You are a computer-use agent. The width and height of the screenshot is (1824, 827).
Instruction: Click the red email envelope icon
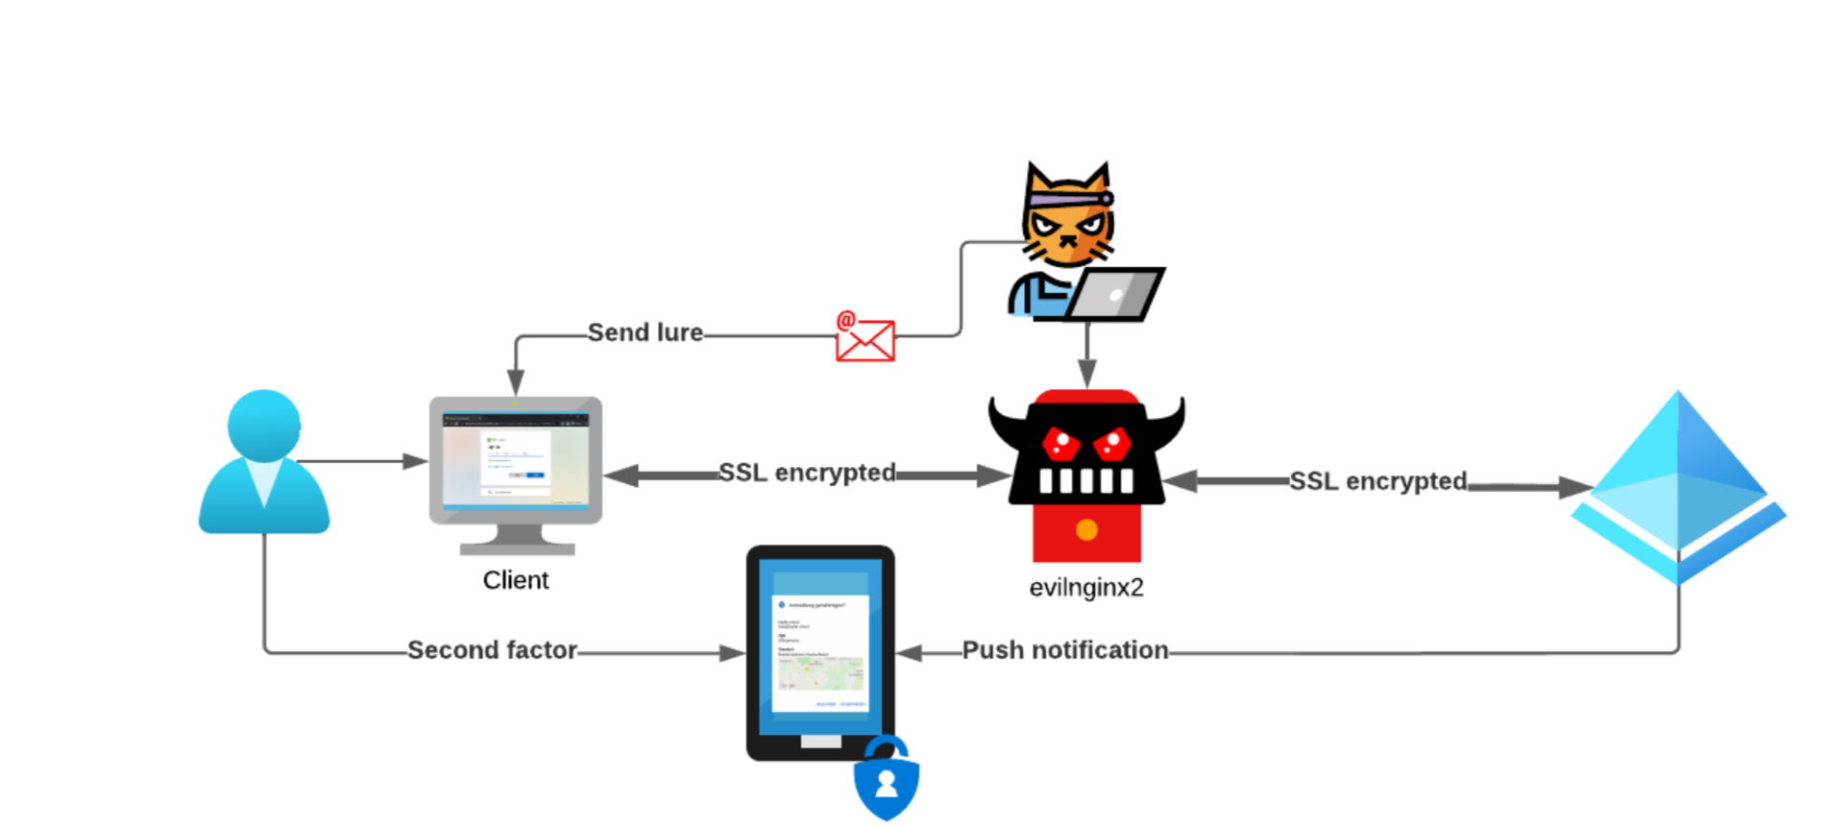click(865, 339)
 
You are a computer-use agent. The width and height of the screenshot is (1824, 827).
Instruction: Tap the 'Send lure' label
click(644, 332)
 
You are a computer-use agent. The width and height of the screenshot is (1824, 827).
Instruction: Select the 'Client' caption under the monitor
click(516, 580)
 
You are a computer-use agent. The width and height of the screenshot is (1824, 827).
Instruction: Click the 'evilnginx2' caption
click(1086, 587)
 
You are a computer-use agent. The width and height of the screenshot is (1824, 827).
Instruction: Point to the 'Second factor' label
click(492, 650)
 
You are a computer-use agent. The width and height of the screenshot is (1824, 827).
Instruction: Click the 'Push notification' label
click(1065, 650)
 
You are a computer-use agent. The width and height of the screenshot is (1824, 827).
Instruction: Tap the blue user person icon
click(264, 462)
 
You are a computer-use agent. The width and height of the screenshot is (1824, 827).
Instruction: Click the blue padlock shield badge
click(886, 780)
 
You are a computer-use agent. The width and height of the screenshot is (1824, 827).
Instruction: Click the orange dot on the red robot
click(1086, 529)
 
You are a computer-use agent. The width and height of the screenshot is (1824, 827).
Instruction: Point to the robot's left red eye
click(1060, 444)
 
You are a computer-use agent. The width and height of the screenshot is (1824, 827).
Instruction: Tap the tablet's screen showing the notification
click(820, 653)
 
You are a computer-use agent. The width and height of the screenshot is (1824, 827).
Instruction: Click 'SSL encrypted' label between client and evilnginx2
click(807, 473)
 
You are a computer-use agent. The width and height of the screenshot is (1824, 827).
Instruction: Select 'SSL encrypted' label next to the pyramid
click(1377, 481)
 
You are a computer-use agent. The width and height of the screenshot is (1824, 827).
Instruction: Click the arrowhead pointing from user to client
click(416, 461)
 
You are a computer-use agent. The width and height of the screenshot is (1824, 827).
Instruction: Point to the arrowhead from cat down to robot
click(1086, 373)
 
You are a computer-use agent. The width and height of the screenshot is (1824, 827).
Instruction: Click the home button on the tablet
click(820, 742)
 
